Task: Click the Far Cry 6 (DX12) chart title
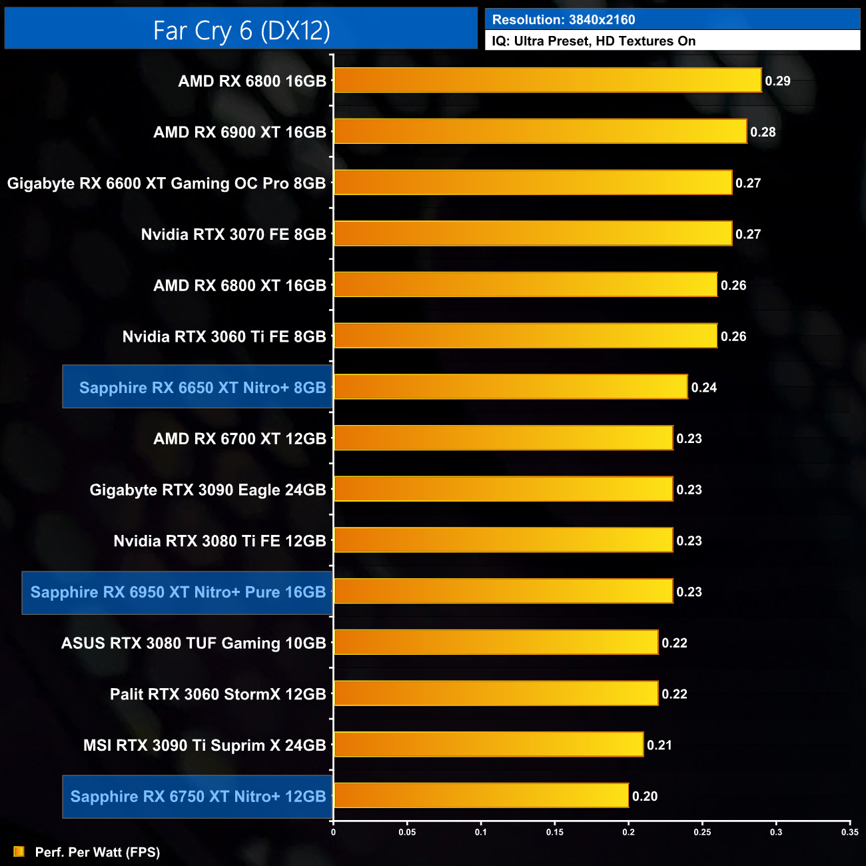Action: point(241,31)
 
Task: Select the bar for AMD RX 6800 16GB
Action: point(547,81)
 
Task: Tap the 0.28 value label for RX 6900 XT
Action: point(763,132)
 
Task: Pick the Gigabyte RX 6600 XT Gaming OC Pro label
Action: point(167,183)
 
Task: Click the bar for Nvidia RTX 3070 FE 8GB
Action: point(532,234)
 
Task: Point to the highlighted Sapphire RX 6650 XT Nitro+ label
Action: point(202,388)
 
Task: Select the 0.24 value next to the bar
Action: point(703,388)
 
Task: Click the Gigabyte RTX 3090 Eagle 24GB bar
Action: point(503,490)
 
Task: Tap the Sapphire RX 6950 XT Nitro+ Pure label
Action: point(178,592)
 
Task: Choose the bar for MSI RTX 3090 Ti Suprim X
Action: point(488,745)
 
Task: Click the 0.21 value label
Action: point(659,745)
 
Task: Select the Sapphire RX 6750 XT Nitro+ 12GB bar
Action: point(481,796)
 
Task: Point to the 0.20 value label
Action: point(645,796)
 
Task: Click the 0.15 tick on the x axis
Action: point(555,832)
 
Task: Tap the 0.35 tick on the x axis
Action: point(849,832)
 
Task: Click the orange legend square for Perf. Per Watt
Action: point(19,852)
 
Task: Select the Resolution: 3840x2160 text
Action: point(564,20)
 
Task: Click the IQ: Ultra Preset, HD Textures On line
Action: point(594,41)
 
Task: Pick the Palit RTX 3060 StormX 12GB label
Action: point(218,694)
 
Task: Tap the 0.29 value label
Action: point(777,81)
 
